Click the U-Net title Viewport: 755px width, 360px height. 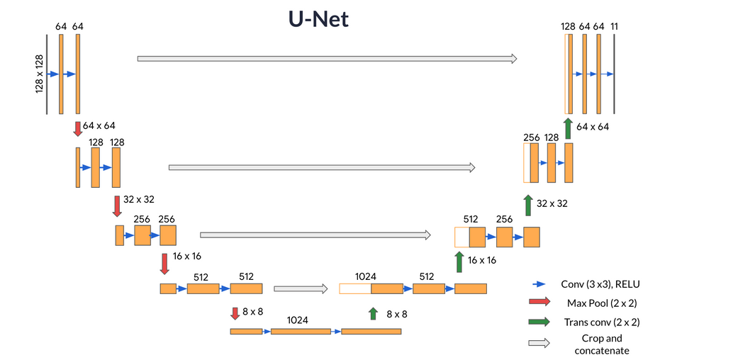point(318,19)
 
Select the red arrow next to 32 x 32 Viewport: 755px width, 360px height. point(117,206)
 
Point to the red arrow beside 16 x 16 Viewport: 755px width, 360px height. point(164,264)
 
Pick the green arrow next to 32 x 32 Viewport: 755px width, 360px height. point(527,206)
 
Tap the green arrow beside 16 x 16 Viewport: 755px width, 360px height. point(459,261)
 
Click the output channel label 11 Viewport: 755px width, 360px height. point(614,26)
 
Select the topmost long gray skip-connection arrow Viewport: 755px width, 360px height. point(327,59)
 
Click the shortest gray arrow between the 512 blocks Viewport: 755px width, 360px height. point(301,288)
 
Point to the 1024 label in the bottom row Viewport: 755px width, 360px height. point(297,320)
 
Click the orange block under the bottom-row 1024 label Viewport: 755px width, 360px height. point(301,331)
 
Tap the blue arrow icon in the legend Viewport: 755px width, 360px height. point(539,284)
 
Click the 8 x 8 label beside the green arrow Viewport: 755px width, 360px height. point(396,313)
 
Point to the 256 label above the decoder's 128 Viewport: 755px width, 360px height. point(531,137)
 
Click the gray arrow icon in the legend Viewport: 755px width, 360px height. point(539,343)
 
